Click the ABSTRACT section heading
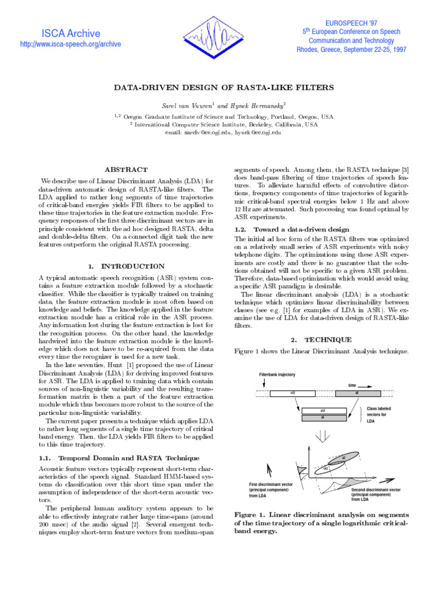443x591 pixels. click(x=126, y=170)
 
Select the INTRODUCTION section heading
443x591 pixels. click(x=126, y=266)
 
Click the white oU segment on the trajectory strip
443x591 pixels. click(x=293, y=393)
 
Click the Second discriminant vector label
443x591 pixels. click(x=376, y=494)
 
